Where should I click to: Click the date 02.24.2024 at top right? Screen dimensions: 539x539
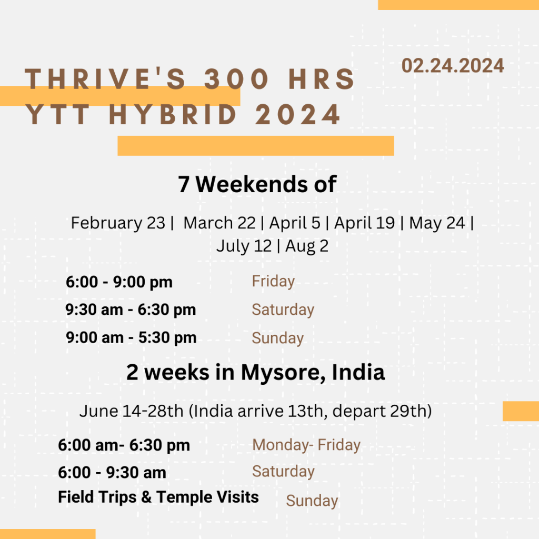pyautogui.click(x=453, y=66)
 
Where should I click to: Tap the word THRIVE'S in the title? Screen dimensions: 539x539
pyautogui.click(x=105, y=79)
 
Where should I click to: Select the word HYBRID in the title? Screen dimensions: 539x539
pyautogui.click(x=173, y=114)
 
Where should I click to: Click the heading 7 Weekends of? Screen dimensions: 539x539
pyautogui.click(x=257, y=184)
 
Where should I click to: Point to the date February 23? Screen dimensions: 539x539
pyautogui.click(x=118, y=223)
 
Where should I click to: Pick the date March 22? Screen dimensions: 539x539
pyautogui.click(x=219, y=223)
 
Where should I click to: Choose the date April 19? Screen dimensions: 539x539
pyautogui.click(x=364, y=223)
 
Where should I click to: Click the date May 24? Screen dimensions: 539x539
pyautogui.click(x=437, y=223)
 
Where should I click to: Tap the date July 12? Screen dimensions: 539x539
pyautogui.click(x=244, y=246)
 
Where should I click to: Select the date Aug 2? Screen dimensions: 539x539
pyautogui.click(x=307, y=246)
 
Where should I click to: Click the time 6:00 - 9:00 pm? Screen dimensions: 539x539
pyautogui.click(x=119, y=282)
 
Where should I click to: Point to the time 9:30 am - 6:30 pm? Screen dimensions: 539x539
pyautogui.click(x=131, y=310)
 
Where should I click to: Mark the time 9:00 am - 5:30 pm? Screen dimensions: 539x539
pyautogui.click(x=131, y=337)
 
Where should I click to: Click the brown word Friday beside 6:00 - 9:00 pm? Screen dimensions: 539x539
pyautogui.click(x=273, y=282)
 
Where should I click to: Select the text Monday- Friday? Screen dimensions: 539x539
pyautogui.click(x=306, y=445)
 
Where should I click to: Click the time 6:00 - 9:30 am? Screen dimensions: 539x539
pyautogui.click(x=112, y=472)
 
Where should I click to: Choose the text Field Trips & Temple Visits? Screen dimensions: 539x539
pyautogui.click(x=158, y=497)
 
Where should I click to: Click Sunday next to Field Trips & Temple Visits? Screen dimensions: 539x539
pyautogui.click(x=312, y=501)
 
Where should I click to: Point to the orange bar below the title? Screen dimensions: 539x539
pyautogui.click(x=256, y=146)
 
